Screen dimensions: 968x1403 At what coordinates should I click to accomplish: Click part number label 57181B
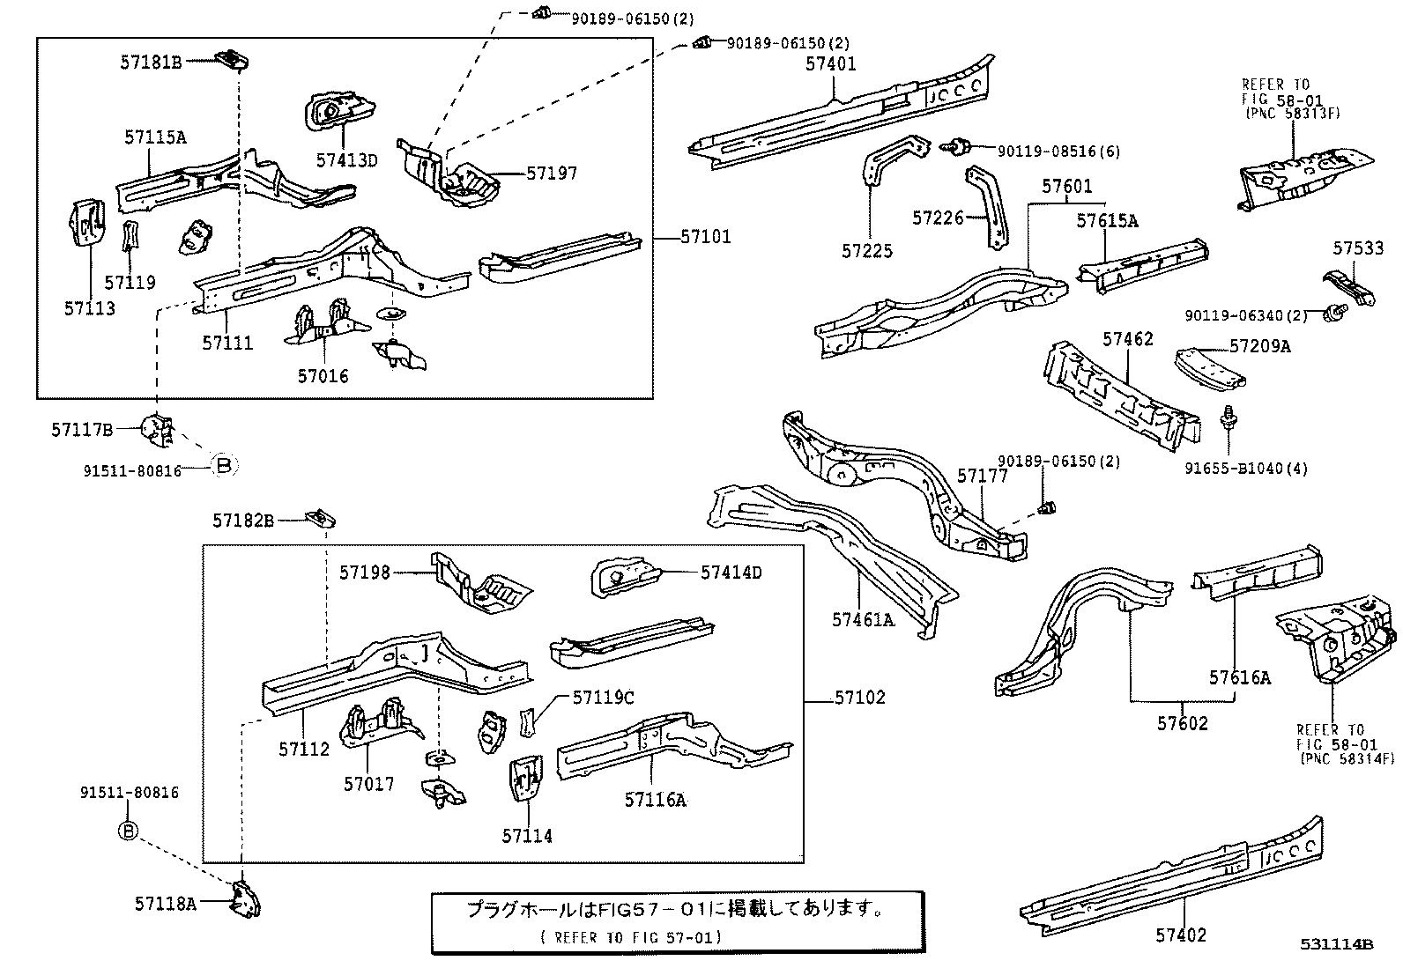[x=151, y=62]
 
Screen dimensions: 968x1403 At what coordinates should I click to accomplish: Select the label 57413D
[x=346, y=159]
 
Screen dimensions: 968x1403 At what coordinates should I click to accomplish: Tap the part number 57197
[x=552, y=173]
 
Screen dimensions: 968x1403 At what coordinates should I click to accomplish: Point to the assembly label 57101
[x=705, y=237]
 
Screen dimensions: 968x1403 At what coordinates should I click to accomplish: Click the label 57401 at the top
[x=830, y=63]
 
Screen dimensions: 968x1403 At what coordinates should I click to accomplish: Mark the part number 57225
[x=867, y=251]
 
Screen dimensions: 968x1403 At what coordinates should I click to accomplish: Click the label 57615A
[x=1106, y=221]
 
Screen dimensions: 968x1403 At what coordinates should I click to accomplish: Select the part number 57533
[x=1358, y=249]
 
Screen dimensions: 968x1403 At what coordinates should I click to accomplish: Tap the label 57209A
[x=1260, y=346]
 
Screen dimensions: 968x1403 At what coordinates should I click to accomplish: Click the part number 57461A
[x=862, y=620]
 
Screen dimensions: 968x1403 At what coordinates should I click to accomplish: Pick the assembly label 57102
[x=859, y=698]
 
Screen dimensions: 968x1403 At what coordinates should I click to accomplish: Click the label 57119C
[x=603, y=698]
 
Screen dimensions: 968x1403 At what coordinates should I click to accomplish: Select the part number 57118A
[x=166, y=903]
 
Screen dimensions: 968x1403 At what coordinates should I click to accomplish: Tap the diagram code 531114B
[x=1337, y=944]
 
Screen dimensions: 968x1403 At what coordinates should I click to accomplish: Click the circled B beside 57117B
[x=224, y=465]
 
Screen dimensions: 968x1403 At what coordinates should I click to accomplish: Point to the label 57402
[x=1179, y=935]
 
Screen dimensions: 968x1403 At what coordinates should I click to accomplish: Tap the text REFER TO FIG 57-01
[x=631, y=937]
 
